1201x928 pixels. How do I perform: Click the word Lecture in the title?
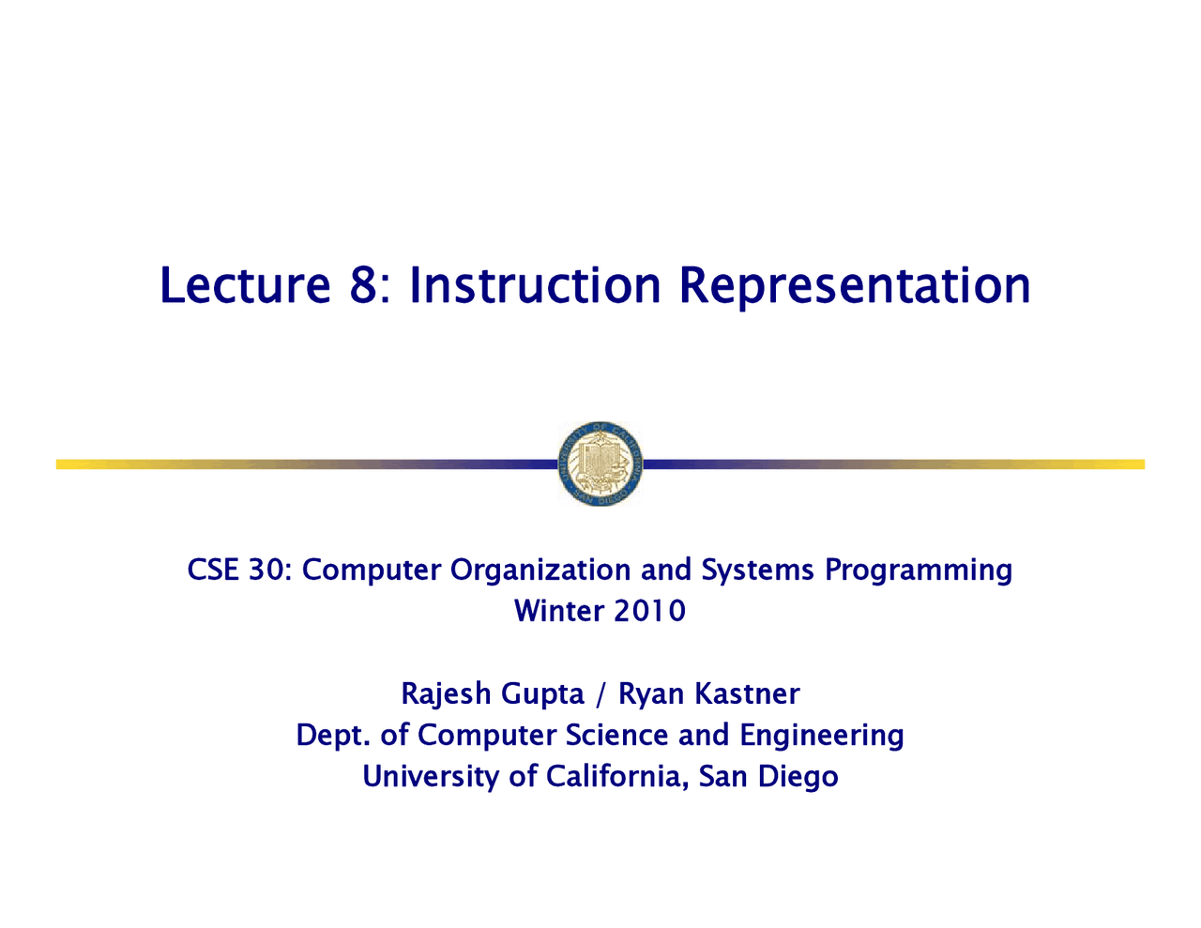coord(245,285)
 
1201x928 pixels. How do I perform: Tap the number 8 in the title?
coord(363,285)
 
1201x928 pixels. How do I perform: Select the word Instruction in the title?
coord(535,285)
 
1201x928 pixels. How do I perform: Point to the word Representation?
coord(855,287)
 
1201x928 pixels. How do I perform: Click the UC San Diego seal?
coord(600,464)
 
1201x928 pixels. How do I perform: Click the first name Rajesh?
coord(446,695)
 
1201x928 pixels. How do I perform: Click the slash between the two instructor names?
coord(600,694)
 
